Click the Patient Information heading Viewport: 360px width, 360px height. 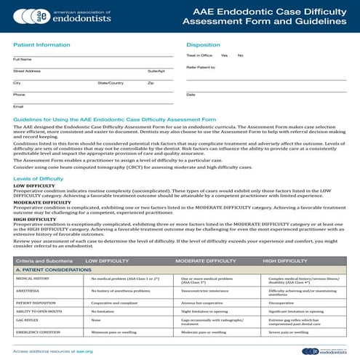[41, 44]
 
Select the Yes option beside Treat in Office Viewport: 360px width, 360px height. [224, 55]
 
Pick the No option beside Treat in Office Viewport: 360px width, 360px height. [240, 55]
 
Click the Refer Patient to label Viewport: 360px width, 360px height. [201, 67]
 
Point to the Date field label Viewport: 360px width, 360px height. [191, 95]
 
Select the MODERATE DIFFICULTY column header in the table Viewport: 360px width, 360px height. [204, 260]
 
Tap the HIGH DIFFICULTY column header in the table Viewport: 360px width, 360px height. [289, 260]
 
